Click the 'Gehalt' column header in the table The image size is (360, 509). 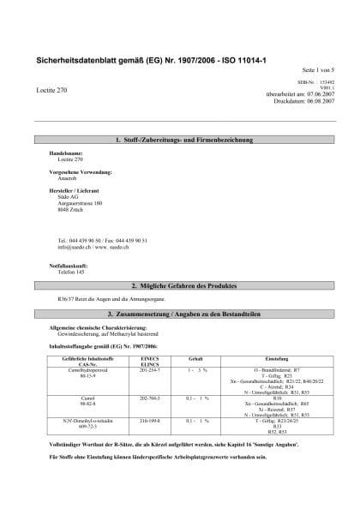tap(195, 357)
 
